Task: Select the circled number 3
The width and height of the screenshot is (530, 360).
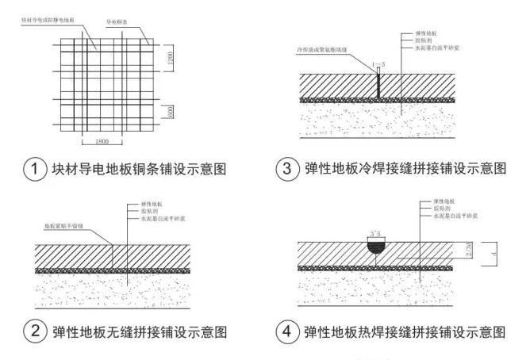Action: (286, 169)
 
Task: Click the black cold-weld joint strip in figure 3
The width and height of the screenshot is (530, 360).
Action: (378, 86)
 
